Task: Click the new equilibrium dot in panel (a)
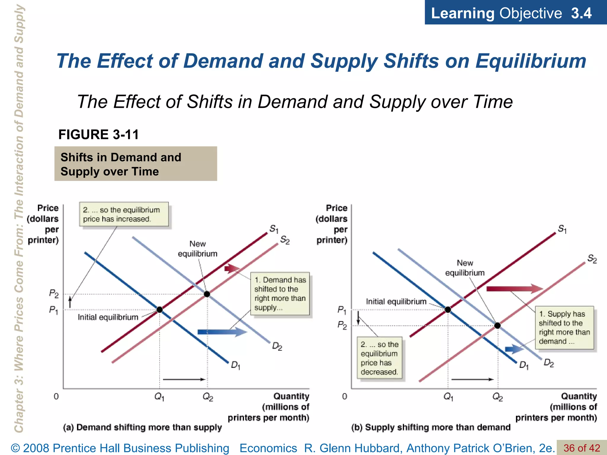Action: pos(207,294)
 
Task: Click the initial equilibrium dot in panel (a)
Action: pos(159,310)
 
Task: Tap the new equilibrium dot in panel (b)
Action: pos(498,326)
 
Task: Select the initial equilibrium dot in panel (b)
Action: pos(448,310)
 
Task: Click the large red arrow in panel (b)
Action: pos(514,289)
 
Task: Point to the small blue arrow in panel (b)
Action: pos(514,349)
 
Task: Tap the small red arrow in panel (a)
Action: pos(232,269)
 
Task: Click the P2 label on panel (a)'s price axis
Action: pos(54,294)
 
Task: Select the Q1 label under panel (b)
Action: pos(448,397)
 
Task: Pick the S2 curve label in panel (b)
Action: pos(592,259)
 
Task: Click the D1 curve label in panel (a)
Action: pos(235,365)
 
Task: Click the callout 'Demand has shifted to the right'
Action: pos(280,294)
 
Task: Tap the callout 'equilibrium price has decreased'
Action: pos(379,358)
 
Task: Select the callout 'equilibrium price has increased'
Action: pos(124,214)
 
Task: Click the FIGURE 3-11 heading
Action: pos(98,134)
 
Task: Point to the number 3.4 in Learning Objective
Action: pos(581,13)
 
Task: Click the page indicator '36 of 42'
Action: pos(582,448)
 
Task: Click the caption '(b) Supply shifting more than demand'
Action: pos(431,427)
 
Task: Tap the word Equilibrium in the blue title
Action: pos(531,61)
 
